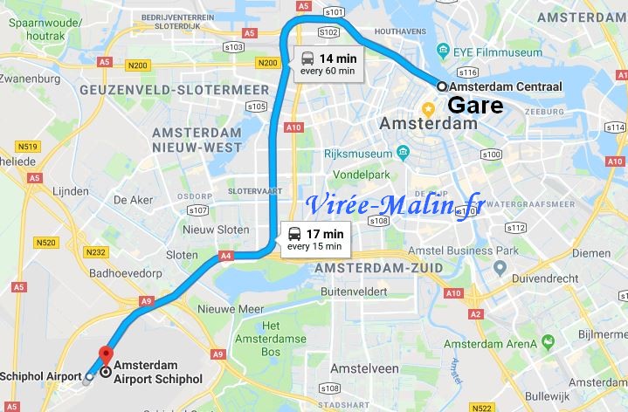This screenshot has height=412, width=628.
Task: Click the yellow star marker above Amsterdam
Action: tap(429, 109)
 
